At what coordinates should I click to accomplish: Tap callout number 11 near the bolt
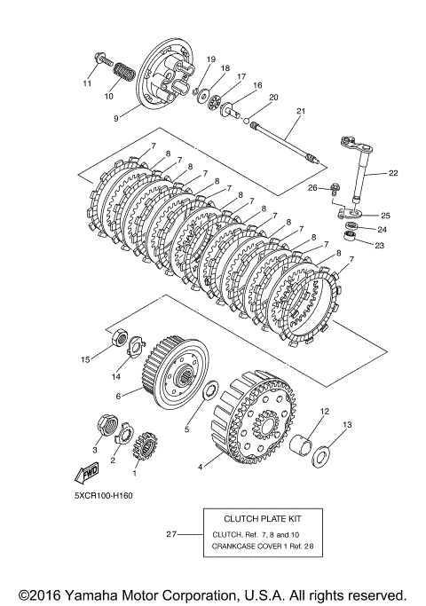[87, 83]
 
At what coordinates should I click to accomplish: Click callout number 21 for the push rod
[301, 111]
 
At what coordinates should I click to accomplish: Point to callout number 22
[393, 173]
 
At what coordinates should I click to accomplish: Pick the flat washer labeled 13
[321, 457]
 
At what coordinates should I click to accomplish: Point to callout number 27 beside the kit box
[171, 534]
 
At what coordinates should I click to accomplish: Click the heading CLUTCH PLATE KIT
[263, 519]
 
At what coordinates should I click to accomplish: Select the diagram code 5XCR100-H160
[104, 495]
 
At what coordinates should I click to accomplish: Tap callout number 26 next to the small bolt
[312, 188]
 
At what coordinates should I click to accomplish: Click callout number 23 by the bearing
[380, 245]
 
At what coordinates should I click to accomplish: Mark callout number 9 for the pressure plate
[116, 118]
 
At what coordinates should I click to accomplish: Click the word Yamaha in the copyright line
[86, 595]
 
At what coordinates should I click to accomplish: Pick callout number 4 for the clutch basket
[200, 467]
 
